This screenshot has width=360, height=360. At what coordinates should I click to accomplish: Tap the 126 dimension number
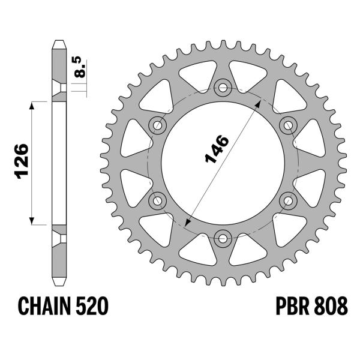[22, 161]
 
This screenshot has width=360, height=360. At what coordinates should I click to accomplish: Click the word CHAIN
[46, 307]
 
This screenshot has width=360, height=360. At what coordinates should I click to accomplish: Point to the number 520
[92, 307]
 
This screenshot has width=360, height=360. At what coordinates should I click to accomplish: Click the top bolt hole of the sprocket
[223, 88]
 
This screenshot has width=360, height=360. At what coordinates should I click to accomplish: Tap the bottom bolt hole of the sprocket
[223, 238]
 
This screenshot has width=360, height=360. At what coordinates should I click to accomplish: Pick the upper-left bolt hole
[158, 125]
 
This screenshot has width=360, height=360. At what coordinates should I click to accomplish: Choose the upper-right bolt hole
[288, 125]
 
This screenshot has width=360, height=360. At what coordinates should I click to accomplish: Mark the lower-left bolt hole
[158, 200]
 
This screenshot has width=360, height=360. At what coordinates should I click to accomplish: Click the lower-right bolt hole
[288, 200]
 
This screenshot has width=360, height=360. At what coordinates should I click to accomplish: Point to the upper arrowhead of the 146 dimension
[258, 102]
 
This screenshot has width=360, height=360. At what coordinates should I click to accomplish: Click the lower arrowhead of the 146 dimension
[188, 223]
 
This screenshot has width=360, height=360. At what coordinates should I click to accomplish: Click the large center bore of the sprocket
[223, 180]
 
